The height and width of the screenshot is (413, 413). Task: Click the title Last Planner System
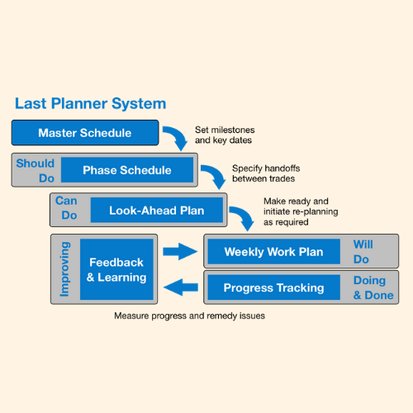pos(90,104)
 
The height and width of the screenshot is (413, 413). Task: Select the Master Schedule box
pos(83,132)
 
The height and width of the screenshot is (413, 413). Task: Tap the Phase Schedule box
pos(127,170)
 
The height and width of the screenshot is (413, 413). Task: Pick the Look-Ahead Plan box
pos(156,211)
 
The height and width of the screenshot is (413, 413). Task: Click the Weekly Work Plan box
pos(273,251)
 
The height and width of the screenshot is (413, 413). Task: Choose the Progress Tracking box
pos(273,288)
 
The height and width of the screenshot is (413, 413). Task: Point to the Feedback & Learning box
pos(116,269)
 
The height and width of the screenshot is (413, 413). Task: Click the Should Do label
pos(35,170)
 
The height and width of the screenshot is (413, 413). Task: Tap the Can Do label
pos(66,208)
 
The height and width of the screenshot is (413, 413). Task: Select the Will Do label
pos(363,252)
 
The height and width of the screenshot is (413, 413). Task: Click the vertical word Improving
pos(65,269)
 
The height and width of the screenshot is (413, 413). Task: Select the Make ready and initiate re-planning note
pos(297,211)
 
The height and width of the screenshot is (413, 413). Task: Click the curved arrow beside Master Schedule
pos(177,137)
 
